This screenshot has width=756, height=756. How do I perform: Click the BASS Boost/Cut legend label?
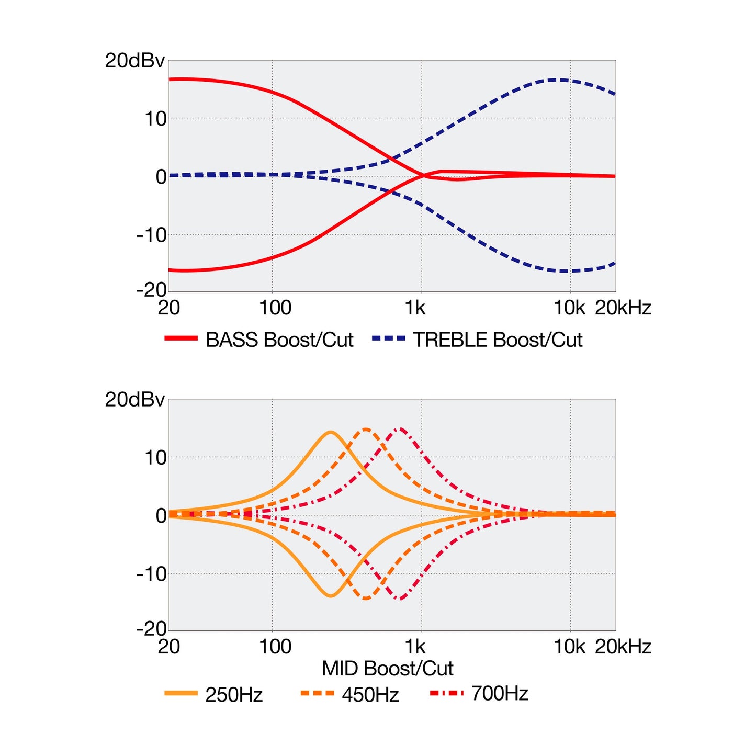(x=279, y=340)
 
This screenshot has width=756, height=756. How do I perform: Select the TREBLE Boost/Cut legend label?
(x=498, y=340)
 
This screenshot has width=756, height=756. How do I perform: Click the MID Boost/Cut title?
(x=388, y=669)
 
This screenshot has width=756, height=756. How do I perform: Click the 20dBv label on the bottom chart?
(x=134, y=400)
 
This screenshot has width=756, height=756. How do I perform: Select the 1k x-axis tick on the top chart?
(x=415, y=308)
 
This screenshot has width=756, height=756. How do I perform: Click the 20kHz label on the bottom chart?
(x=624, y=647)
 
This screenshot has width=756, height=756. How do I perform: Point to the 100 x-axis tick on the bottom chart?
(x=275, y=647)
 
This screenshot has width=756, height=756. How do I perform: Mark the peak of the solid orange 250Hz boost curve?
(x=331, y=432)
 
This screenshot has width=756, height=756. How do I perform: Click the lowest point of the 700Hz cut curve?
(x=400, y=599)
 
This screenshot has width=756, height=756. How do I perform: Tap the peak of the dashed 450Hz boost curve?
(x=366, y=429)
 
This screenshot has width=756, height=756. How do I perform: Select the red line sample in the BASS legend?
(x=181, y=338)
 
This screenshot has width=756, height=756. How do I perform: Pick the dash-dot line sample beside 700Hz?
(x=446, y=693)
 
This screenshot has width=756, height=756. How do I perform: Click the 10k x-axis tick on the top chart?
(x=569, y=308)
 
